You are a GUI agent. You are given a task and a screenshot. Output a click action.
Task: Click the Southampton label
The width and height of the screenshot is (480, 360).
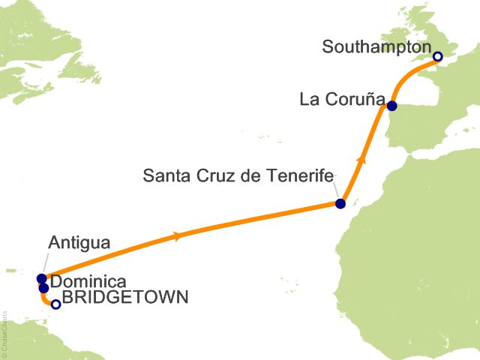(376, 46)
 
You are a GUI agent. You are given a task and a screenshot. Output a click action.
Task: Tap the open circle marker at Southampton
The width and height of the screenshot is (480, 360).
(438, 56)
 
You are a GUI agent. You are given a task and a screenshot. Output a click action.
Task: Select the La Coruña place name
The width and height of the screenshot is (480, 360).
(341, 98)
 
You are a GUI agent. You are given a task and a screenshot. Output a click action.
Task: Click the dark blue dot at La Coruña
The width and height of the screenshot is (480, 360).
(391, 106)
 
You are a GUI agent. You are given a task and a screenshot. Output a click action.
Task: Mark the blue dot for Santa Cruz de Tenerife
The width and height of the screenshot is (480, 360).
(340, 203)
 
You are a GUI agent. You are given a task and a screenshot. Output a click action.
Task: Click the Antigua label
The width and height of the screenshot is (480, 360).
(79, 243)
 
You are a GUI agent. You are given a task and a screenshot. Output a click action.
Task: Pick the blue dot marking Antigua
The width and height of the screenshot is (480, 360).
(41, 279)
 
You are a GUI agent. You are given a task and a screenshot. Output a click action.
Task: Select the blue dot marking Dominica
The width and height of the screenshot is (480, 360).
(44, 288)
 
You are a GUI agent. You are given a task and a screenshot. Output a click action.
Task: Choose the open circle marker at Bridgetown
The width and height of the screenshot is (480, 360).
(55, 304)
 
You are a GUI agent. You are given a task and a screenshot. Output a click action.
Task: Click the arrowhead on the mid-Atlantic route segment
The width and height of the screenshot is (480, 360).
(176, 236)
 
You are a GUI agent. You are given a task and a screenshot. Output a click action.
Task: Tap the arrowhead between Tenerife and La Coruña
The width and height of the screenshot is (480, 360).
(363, 159)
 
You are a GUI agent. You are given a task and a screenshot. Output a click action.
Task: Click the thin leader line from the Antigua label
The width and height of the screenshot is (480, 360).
(45, 264)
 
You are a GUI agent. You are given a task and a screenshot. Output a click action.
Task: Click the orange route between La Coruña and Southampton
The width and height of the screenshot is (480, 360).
(409, 76)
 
